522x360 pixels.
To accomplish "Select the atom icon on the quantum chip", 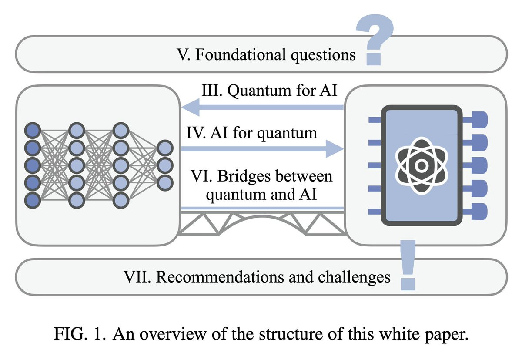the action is pyautogui.click(x=422, y=166).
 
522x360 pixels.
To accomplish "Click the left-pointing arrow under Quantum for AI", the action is pyautogui.click(x=262, y=107).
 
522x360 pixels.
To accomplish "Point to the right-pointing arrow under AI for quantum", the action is pyautogui.click(x=262, y=149).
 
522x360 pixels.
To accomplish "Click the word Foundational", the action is pyautogui.click(x=241, y=54).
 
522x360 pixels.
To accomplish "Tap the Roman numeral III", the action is pyautogui.click(x=211, y=90).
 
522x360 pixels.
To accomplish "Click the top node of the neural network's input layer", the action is pyautogui.click(x=33, y=130).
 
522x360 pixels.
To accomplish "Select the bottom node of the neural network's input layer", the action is pyautogui.click(x=33, y=200).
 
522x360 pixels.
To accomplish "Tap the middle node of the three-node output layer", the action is pyautogui.click(x=165, y=165).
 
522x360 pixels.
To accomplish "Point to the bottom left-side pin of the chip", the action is pyautogui.click(x=375, y=212).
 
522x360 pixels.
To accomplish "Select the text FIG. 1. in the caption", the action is pyautogui.click(x=80, y=334).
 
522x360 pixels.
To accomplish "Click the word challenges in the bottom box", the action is pyautogui.click(x=354, y=277).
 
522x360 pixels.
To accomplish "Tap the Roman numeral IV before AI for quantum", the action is pyautogui.click(x=196, y=133).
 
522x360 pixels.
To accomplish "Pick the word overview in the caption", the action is pyautogui.click(x=173, y=334).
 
